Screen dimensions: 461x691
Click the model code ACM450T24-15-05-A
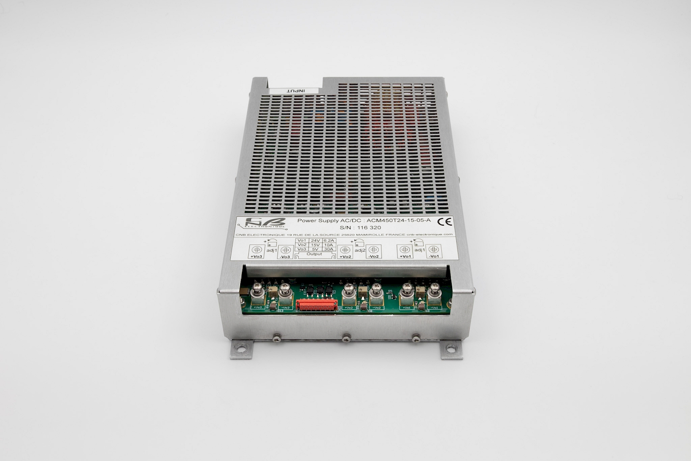coord(399,220)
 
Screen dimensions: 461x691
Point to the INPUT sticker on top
coord(295,90)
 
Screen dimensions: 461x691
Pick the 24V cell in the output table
coord(315,240)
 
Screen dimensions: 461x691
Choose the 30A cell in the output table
coord(329,249)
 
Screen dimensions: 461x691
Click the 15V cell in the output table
coord(315,245)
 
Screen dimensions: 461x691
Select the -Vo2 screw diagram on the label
coord(373,250)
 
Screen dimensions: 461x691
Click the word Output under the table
coord(314,254)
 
